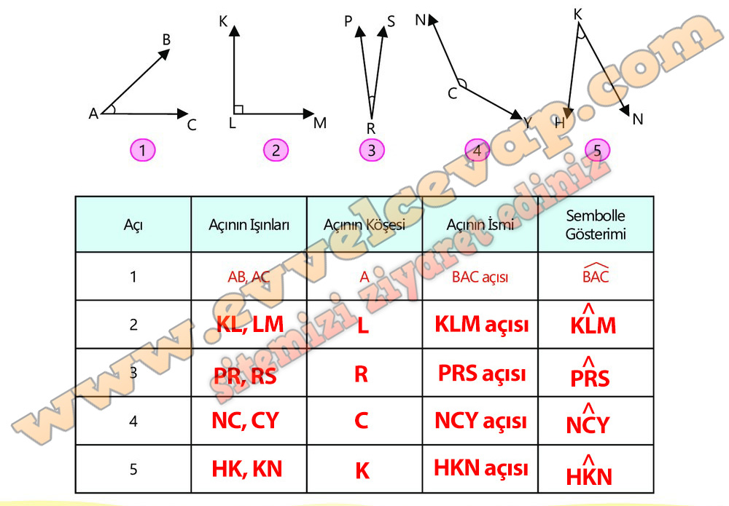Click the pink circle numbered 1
[x=142, y=150]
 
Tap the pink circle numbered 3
[x=372, y=150]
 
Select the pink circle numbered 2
[x=276, y=150]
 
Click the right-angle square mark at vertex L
[x=238, y=109]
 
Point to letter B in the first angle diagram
[x=166, y=40]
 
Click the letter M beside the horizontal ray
[x=320, y=123]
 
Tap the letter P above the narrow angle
[x=348, y=21]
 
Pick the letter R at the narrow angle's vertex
[x=370, y=128]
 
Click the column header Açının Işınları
[x=249, y=225]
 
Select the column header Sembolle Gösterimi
[x=596, y=225]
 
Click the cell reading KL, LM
[x=250, y=324]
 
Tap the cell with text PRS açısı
[x=482, y=373]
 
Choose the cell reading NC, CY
[x=245, y=421]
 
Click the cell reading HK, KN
[x=247, y=469]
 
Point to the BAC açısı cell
[x=480, y=277]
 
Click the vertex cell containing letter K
[x=362, y=471]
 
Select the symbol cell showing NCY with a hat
[x=588, y=419]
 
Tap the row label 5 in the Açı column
[x=133, y=470]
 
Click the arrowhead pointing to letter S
[x=383, y=31]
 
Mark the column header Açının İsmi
[x=480, y=225]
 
